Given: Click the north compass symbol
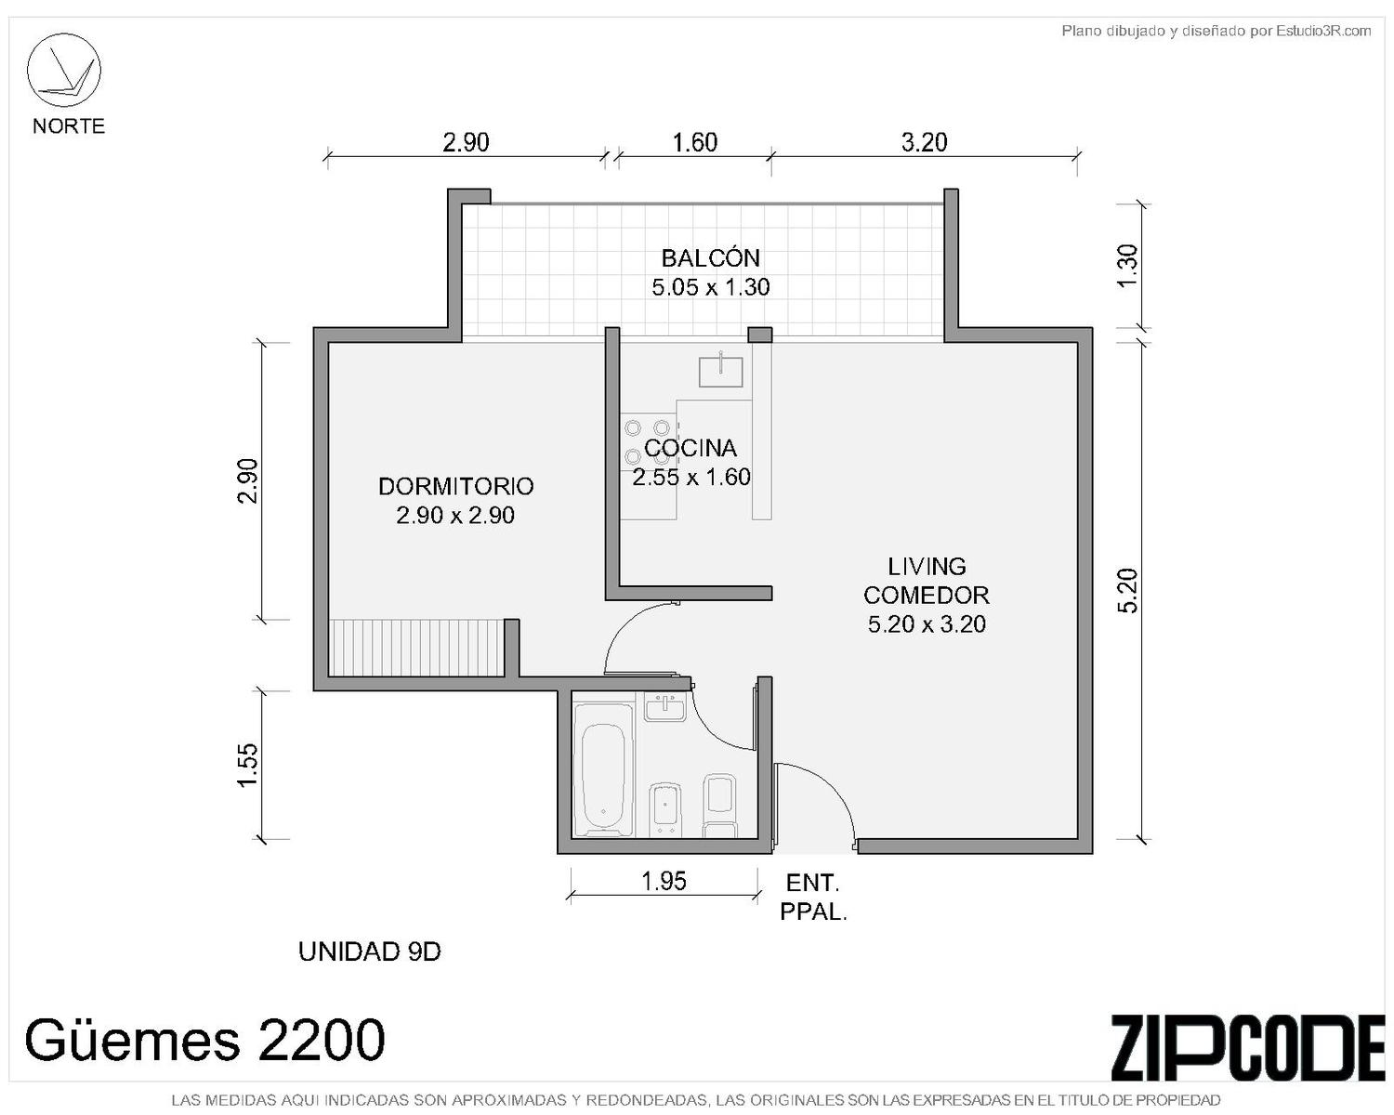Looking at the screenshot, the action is (63, 71).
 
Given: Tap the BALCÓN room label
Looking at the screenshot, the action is (710, 258).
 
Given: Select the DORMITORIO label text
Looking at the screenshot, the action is (455, 486).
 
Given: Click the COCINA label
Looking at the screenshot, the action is (690, 448).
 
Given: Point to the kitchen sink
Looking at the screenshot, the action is (720, 372).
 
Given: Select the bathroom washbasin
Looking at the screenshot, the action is (665, 707).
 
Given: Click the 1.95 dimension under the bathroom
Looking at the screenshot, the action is (664, 881).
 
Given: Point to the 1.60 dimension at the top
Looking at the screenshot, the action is (694, 142).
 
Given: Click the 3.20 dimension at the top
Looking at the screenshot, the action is (925, 142).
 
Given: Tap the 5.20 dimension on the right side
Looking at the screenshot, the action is (1128, 590).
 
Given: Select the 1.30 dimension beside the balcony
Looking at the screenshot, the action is (1128, 267).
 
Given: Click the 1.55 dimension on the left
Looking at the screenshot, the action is (249, 765).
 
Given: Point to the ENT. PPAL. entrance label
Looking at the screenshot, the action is (813, 898).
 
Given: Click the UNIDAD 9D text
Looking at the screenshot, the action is (369, 951).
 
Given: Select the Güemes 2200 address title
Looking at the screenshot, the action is (204, 1040).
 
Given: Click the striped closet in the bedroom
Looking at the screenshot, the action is (416, 648).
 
